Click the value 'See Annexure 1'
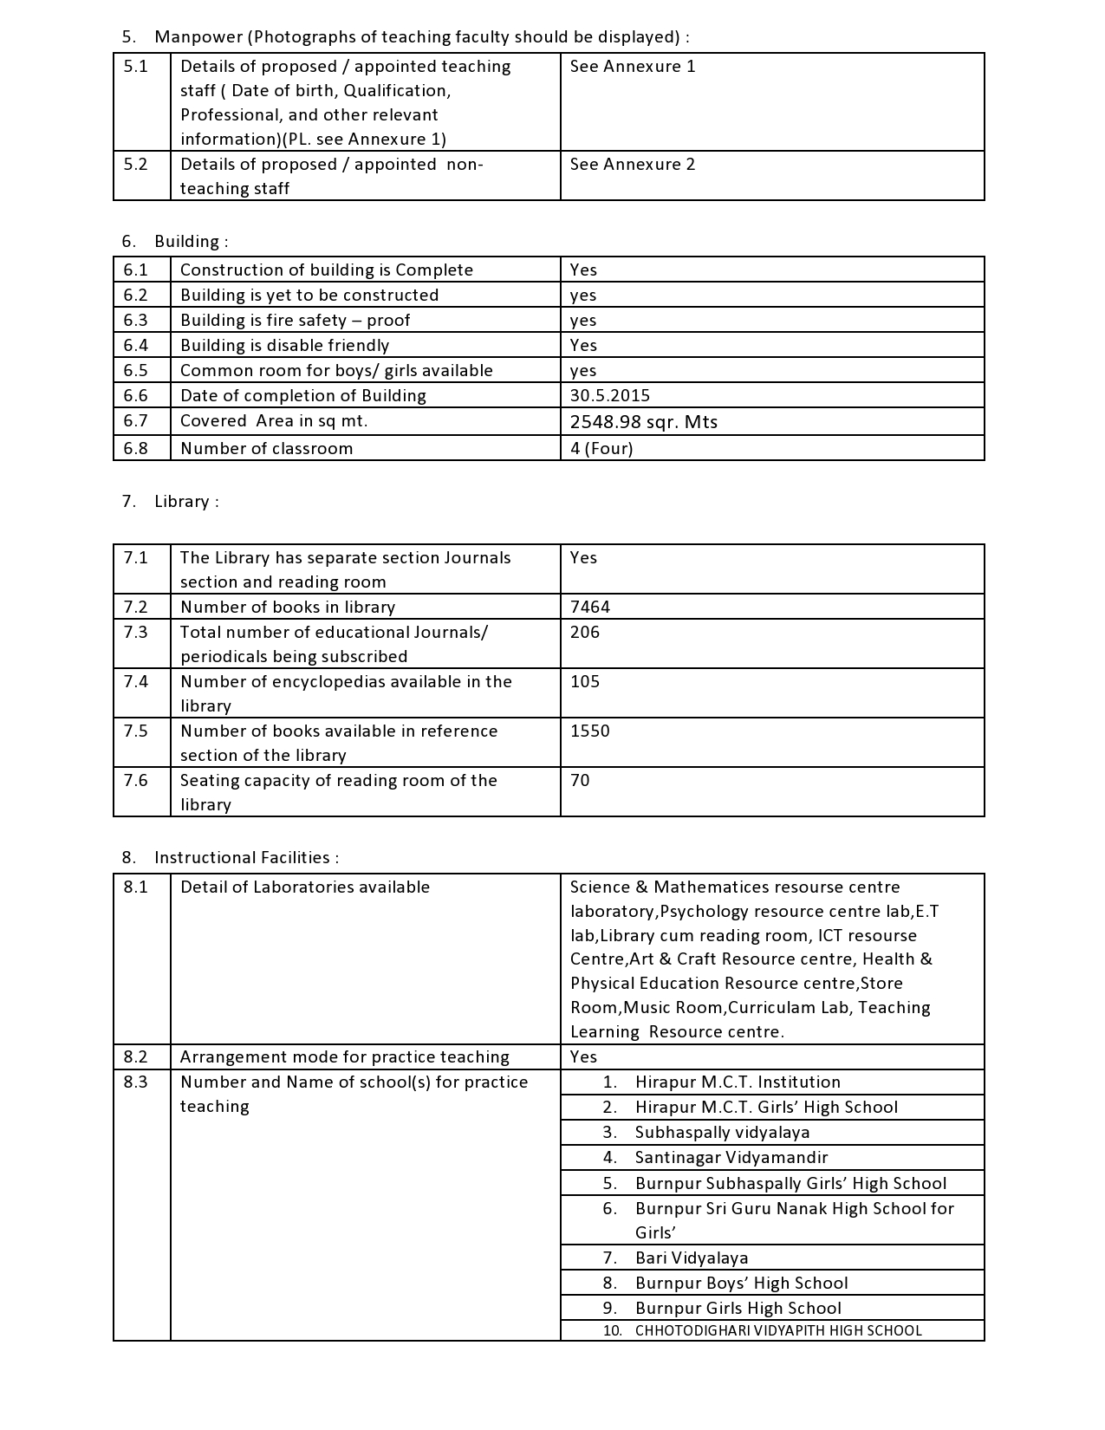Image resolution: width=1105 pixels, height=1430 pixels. click(x=632, y=67)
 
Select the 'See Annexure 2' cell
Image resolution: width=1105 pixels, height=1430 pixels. click(x=632, y=165)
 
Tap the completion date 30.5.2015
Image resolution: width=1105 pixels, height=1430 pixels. click(x=609, y=396)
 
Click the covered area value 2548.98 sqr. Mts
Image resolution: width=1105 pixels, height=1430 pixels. click(x=643, y=422)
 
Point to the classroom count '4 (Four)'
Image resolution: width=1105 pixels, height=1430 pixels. click(x=601, y=449)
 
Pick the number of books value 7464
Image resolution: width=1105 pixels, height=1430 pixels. click(x=589, y=608)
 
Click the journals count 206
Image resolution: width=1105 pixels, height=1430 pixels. click(x=585, y=633)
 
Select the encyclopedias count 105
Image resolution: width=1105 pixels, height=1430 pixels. click(x=585, y=682)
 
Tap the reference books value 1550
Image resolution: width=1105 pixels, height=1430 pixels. click(x=589, y=731)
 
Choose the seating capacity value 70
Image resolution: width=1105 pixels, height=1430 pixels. click(x=580, y=781)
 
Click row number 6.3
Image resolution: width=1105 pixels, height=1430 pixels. click(x=135, y=321)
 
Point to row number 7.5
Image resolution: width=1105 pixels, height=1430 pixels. click(x=135, y=731)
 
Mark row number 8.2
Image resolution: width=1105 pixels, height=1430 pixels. click(x=135, y=1057)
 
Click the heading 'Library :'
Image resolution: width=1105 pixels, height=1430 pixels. click(x=186, y=502)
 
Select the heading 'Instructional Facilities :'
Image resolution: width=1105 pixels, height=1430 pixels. click(x=246, y=858)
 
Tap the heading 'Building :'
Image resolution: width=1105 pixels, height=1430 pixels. click(x=191, y=242)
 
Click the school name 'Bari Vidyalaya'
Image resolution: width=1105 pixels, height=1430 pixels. click(x=691, y=1258)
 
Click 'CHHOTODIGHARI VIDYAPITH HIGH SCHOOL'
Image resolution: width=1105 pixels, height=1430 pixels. click(x=777, y=1331)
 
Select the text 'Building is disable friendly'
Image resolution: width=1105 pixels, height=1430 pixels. click(x=284, y=346)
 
